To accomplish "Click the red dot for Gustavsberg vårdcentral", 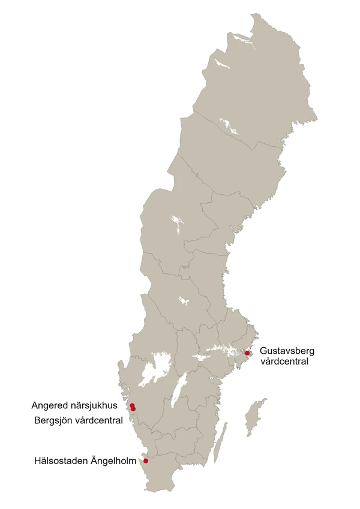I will [x=247, y=353].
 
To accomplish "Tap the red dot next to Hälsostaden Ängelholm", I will [x=146, y=461].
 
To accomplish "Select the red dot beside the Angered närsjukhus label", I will [x=132, y=405].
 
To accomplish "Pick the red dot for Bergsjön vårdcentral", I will [x=133, y=409].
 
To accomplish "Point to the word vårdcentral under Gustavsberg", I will [x=280, y=362].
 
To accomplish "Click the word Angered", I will [x=49, y=405].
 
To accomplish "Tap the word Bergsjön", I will [x=52, y=420].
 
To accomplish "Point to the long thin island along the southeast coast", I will [x=221, y=441].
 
